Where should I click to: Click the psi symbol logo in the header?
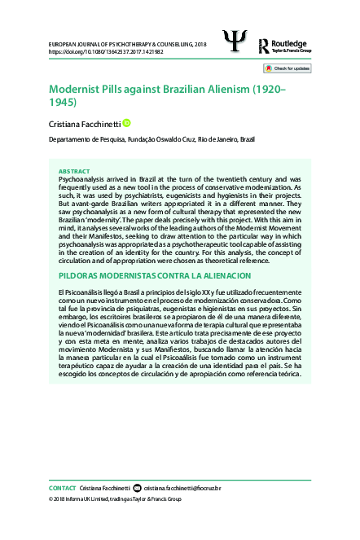click(234, 41)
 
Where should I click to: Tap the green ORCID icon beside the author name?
click(126, 123)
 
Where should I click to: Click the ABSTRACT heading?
click(75, 170)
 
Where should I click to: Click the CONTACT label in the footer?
click(62, 487)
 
